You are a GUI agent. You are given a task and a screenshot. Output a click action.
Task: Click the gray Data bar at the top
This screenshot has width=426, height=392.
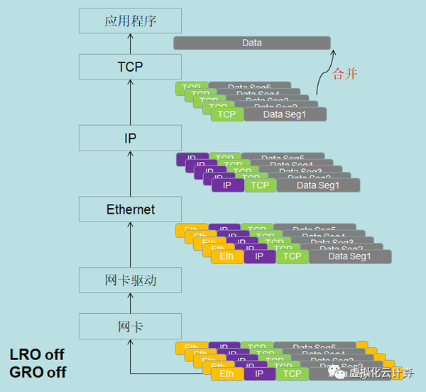coord(252,43)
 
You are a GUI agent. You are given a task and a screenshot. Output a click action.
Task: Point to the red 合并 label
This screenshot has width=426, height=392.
coord(345,74)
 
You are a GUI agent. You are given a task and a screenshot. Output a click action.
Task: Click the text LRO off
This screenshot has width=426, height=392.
coord(37,354)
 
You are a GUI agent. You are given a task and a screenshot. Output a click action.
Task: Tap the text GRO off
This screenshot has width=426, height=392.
coord(38,371)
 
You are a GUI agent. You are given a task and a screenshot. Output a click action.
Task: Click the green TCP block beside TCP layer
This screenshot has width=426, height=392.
coord(226,114)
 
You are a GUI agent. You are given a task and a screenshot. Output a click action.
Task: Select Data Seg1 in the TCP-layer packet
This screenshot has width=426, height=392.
coord(285,114)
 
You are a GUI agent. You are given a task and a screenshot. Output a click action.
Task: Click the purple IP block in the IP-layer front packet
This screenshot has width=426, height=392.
coord(227,185)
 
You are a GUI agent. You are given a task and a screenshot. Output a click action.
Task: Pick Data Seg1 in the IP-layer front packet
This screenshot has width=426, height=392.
coord(318,185)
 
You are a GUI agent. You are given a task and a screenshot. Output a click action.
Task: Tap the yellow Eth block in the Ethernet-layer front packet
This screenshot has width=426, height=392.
coord(227,256)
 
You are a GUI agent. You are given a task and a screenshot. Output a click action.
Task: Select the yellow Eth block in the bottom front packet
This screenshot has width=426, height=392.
coord(227,374)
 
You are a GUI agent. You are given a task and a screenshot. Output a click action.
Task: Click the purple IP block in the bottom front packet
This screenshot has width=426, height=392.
coord(259,374)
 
